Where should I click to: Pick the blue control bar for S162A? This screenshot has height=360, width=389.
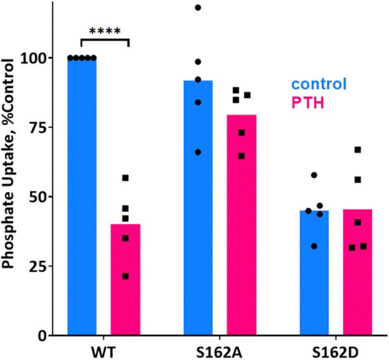(198, 207)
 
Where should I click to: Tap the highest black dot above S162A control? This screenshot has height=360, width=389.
(198, 8)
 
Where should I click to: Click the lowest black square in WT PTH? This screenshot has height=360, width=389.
(125, 276)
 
